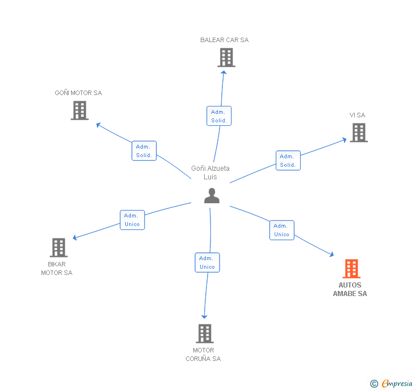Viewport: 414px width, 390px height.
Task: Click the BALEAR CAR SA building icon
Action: [x=226, y=58]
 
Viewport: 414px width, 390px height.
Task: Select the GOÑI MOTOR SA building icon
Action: [x=80, y=110]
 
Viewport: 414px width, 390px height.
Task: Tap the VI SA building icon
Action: [x=358, y=133]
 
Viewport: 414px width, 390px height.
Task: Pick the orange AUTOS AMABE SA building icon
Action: [x=351, y=269]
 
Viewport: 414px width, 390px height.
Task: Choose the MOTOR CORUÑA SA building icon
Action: [x=204, y=334]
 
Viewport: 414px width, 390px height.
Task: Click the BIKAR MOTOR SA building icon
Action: [x=59, y=248]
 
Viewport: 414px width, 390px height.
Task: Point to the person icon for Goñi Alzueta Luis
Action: [x=212, y=195]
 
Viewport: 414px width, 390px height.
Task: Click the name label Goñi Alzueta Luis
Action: [x=210, y=173]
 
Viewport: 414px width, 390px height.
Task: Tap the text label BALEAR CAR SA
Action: [x=224, y=40]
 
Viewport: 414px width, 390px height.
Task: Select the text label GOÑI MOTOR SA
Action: [x=78, y=93]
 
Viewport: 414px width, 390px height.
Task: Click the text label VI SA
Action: [x=357, y=115]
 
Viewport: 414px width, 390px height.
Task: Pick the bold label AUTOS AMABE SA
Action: [x=350, y=289]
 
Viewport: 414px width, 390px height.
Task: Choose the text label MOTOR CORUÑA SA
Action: [x=203, y=354]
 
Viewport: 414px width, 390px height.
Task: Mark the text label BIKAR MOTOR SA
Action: [x=56, y=268]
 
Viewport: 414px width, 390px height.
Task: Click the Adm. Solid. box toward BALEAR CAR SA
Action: [x=219, y=116]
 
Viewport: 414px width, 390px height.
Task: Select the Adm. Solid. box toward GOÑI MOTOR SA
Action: [x=144, y=151]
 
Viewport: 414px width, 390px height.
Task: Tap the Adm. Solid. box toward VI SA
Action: [x=288, y=161]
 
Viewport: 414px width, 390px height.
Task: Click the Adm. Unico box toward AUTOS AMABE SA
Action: [x=281, y=230]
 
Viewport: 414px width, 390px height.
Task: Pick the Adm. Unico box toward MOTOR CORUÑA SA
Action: [x=207, y=262]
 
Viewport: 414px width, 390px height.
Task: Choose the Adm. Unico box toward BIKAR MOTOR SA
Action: [x=132, y=220]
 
